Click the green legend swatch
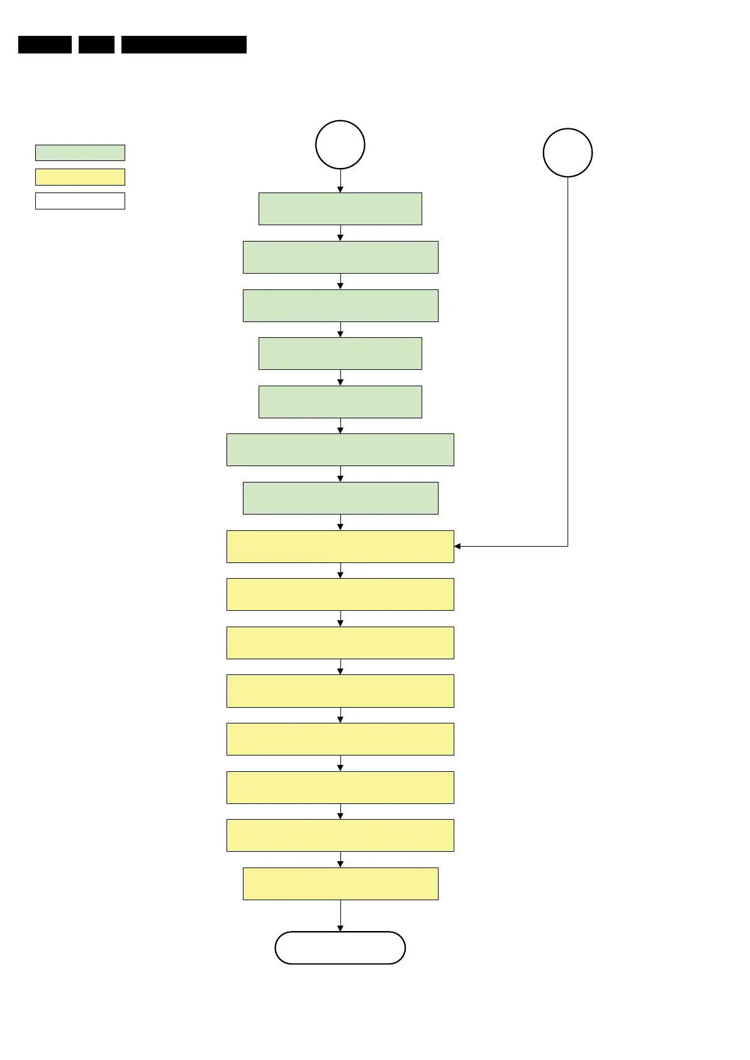[x=80, y=153]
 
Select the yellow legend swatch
[x=80, y=177]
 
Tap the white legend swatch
[x=80, y=201]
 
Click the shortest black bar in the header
[x=96, y=45]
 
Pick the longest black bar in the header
[x=184, y=45]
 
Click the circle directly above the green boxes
[x=340, y=145]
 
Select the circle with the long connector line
[x=568, y=153]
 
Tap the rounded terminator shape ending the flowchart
[x=340, y=947]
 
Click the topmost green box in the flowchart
[x=340, y=209]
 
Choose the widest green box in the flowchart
[x=340, y=450]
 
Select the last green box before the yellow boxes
[x=340, y=498]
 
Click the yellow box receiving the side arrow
[x=340, y=546]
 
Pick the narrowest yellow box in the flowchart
[x=340, y=884]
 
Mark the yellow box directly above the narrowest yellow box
[x=340, y=835]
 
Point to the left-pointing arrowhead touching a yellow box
[x=457, y=546]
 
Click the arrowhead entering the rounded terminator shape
[x=340, y=928]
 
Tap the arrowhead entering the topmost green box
[x=340, y=189]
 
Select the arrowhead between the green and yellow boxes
[x=340, y=527]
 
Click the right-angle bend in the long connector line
[x=568, y=546]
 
